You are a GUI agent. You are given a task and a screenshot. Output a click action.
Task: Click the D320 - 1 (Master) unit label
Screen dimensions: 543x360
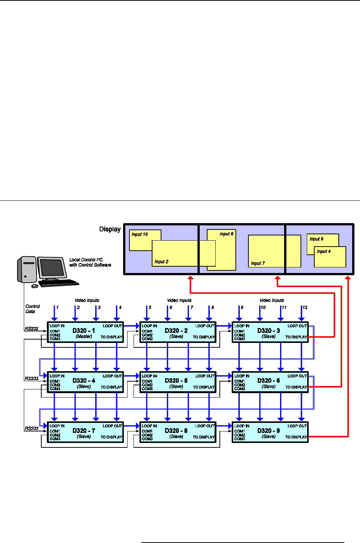84,331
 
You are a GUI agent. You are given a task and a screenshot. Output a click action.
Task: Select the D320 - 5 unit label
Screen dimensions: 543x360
176,381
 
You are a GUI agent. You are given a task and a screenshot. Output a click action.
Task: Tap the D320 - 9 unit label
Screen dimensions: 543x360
269,431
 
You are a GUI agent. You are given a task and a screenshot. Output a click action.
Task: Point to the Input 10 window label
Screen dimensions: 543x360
139,234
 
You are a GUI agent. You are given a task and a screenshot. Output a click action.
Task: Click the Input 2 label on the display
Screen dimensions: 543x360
161,262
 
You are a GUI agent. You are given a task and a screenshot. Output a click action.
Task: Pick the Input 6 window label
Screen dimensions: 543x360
226,234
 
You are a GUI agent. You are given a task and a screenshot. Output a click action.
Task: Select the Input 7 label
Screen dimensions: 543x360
258,263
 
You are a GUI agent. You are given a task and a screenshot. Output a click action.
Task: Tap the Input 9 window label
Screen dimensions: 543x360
316,239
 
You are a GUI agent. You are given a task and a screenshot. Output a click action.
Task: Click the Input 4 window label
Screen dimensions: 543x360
324,251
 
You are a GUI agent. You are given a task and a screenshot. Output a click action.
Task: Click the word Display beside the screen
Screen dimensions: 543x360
110,229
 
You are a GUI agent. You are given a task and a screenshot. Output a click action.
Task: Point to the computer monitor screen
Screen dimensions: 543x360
52,268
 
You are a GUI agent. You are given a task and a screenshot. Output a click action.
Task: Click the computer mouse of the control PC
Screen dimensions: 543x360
35,286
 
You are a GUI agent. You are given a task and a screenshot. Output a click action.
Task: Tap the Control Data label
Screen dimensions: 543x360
32,309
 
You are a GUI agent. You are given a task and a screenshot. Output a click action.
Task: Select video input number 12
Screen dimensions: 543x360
305,308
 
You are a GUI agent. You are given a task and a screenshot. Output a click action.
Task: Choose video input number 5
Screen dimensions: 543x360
150,308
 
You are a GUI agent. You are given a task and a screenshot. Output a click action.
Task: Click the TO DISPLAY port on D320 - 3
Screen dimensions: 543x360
296,337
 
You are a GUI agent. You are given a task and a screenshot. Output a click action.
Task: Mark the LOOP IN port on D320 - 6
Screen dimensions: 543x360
242,376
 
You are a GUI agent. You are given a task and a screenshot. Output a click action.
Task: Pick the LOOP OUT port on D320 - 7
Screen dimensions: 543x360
112,426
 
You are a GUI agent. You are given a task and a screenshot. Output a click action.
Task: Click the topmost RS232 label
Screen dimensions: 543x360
32,328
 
